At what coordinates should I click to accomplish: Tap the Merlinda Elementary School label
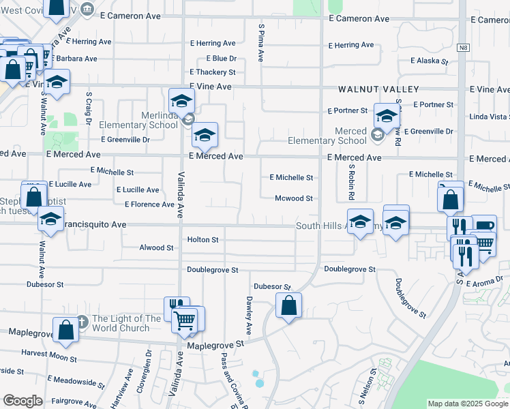[x=138, y=121]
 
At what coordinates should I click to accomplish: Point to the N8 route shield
[x=463, y=47]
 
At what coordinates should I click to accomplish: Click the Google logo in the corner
[x=22, y=401]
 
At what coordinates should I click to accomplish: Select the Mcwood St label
[x=293, y=199]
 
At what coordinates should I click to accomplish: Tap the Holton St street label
[x=202, y=240]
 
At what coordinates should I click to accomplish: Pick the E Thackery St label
[x=213, y=72]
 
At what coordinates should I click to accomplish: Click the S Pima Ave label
[x=260, y=42]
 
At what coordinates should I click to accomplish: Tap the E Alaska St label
[x=429, y=61]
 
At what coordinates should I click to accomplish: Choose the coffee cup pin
[x=483, y=227]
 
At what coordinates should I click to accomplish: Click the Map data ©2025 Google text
[x=467, y=404]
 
